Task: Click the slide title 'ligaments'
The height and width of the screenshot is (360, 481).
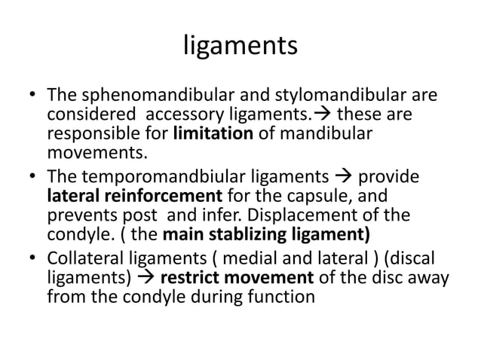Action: coord(240,47)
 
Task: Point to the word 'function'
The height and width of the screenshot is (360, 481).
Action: coord(280,297)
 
